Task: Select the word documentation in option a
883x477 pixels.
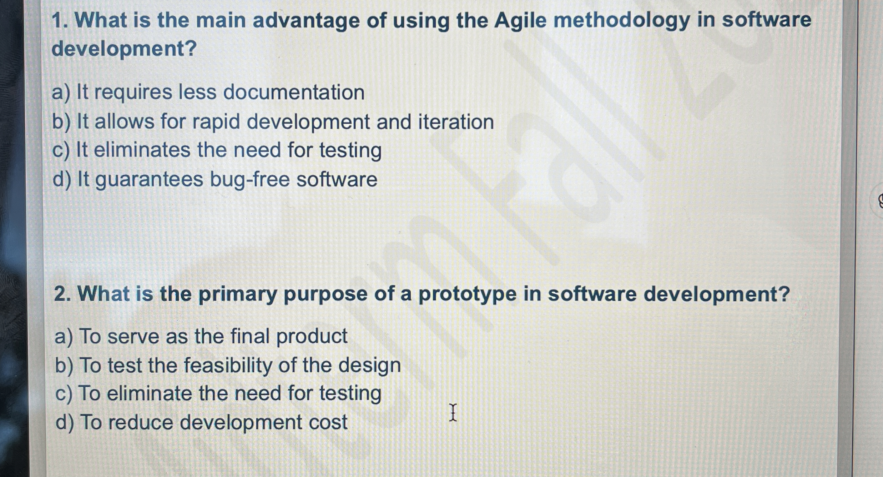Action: coord(294,93)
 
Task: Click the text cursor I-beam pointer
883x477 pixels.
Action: coord(453,412)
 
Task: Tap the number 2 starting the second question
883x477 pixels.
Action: coord(59,294)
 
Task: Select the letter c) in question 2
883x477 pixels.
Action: coord(64,394)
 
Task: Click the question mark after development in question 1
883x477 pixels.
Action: coord(191,48)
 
